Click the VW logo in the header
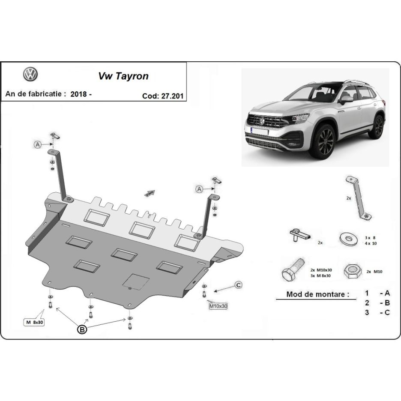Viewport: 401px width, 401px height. coord(30,74)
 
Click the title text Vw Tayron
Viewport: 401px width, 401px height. coord(123,76)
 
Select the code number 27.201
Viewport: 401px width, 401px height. coord(173,96)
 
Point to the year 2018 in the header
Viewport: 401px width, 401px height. coord(80,94)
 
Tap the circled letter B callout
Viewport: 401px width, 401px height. coord(81,329)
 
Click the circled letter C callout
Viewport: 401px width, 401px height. coord(238,285)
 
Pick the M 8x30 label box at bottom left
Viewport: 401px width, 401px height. coord(35,322)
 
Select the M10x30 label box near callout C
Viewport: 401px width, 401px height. coord(218,306)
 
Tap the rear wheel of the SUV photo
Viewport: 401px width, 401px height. coord(377,126)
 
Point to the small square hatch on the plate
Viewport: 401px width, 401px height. coord(136,281)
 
